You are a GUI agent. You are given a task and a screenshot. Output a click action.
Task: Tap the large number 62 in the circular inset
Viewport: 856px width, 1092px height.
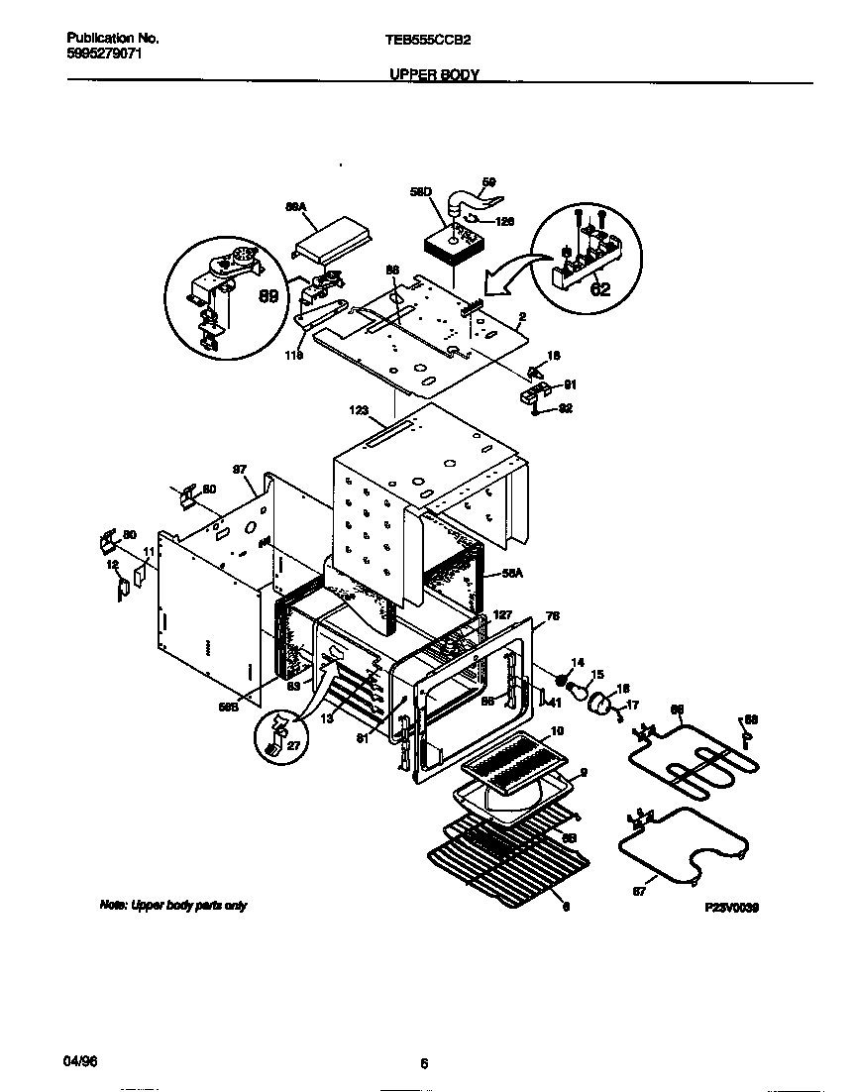pos(598,290)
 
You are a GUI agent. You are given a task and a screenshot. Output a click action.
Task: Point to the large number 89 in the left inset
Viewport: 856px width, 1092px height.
pos(267,296)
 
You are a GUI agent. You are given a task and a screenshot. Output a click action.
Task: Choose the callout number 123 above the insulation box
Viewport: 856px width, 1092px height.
pos(359,408)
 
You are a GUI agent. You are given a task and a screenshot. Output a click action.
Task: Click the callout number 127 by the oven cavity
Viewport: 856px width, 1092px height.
pos(502,615)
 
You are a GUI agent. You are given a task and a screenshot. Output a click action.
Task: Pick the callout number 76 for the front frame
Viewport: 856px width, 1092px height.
pos(552,616)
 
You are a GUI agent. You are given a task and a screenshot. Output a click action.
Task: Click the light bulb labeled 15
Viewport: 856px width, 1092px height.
pos(576,684)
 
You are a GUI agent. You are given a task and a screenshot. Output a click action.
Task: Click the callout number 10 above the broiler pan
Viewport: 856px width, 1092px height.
pos(557,730)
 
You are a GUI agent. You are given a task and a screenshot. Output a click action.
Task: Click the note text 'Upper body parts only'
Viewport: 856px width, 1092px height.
pos(172,906)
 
